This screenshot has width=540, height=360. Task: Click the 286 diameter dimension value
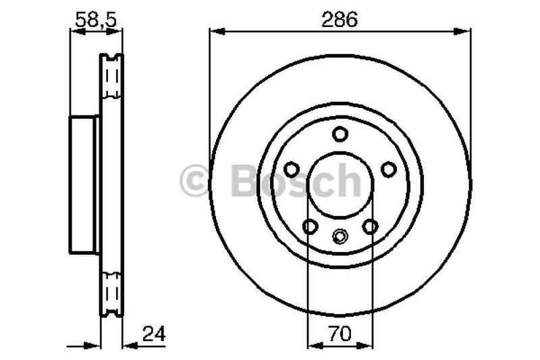coord(340,20)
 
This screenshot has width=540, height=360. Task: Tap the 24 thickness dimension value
coord(154,333)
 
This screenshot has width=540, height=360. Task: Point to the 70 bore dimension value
coord(340,333)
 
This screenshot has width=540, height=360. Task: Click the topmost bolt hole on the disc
coord(340,134)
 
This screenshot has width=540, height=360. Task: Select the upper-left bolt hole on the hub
coord(292,169)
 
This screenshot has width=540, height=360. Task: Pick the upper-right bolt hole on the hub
coord(389,169)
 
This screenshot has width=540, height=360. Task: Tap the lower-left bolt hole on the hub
coord(310,226)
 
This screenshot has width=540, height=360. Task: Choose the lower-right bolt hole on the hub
coord(370,226)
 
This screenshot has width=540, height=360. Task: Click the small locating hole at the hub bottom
coord(340,236)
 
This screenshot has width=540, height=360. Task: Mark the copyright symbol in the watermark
coord(194,181)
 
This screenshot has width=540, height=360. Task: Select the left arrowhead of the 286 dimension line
coord(215,30)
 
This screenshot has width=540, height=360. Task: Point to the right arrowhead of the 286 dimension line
coord(466,30)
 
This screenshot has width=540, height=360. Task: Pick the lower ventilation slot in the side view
coord(111,292)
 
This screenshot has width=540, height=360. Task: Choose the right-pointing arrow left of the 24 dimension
coord(94,344)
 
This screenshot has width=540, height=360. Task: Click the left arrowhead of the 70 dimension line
coord(312,344)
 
